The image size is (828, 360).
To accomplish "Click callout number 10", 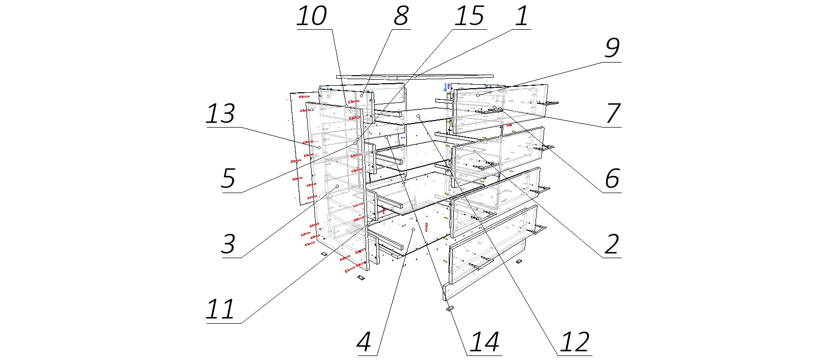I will point(312,17).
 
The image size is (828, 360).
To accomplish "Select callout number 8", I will point(401,17).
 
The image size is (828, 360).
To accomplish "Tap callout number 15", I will point(469,17).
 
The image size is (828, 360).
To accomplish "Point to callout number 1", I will point(521,17).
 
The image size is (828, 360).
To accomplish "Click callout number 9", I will point(612,49).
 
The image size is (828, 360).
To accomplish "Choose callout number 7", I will point(612,114).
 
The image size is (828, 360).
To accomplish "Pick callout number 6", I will point(612,179).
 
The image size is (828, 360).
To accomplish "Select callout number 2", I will point(611,245).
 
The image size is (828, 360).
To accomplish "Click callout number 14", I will point(485,342).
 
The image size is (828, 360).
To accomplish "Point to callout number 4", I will point(364,342).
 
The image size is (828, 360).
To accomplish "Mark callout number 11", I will point(220,310).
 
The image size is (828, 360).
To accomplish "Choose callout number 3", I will point(228,245).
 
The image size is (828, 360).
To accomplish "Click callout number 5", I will point(228,179).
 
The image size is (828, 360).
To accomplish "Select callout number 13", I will point(220,114).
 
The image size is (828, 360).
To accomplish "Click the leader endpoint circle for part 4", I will point(412,229).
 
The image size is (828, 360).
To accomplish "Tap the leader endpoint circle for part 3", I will point(337,187).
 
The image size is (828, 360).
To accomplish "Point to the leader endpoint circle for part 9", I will point(478,95).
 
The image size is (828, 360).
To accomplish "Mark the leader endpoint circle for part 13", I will point(320,147).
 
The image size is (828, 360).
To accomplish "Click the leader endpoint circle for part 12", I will point(419,116).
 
